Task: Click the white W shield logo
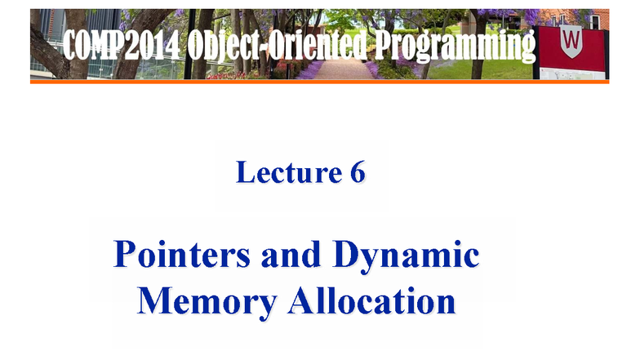(x=571, y=37)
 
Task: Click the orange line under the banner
(x=319, y=82)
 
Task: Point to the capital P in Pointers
(x=124, y=256)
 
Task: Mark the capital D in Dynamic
(x=346, y=256)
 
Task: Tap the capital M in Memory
(x=155, y=300)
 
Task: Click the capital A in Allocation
(x=299, y=300)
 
